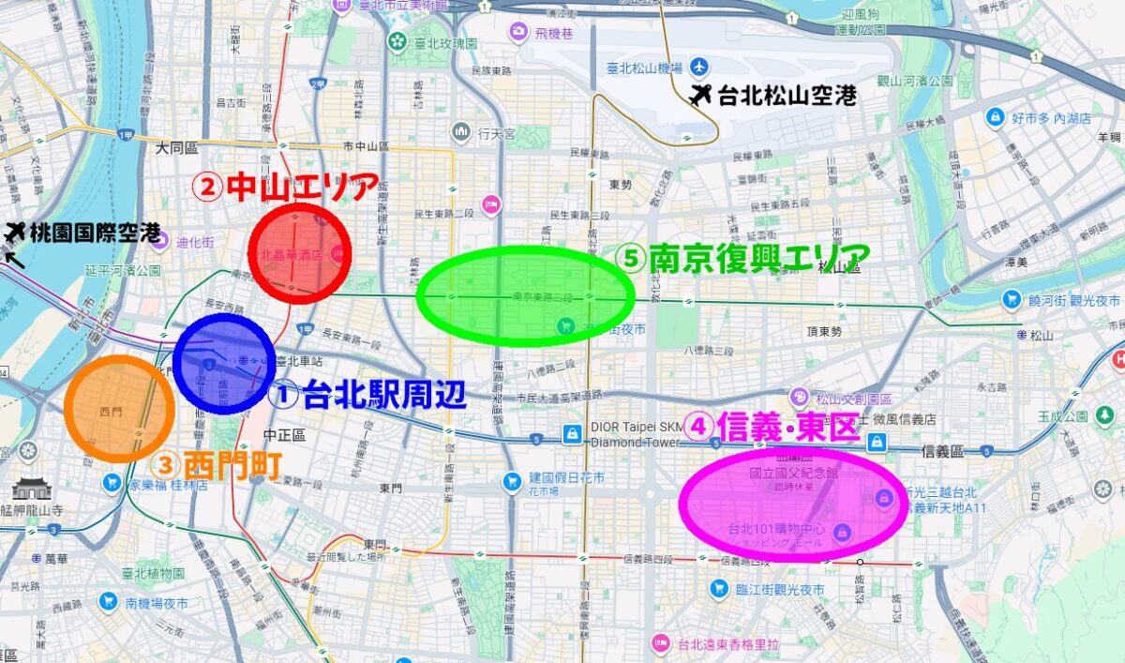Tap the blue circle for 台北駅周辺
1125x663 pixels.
point(224,364)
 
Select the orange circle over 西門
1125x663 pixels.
point(119,408)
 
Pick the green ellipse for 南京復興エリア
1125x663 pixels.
point(525,295)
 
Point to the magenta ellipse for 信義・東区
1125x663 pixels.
point(786,505)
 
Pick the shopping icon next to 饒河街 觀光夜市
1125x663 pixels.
point(1011,299)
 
